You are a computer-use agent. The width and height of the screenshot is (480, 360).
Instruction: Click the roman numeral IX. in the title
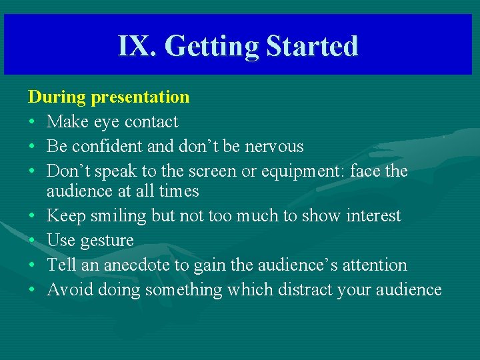(137, 46)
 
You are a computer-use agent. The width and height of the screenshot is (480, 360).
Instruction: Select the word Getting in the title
(211, 47)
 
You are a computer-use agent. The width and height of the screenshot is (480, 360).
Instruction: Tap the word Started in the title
(312, 46)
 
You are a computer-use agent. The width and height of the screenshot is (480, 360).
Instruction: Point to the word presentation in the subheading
(140, 97)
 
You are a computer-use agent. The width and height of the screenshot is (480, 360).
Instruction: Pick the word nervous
(273, 147)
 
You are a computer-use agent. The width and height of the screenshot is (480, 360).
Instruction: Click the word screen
(215, 171)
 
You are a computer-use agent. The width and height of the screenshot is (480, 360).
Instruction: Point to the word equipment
(301, 172)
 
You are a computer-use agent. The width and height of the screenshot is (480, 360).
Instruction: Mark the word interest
(370, 216)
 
